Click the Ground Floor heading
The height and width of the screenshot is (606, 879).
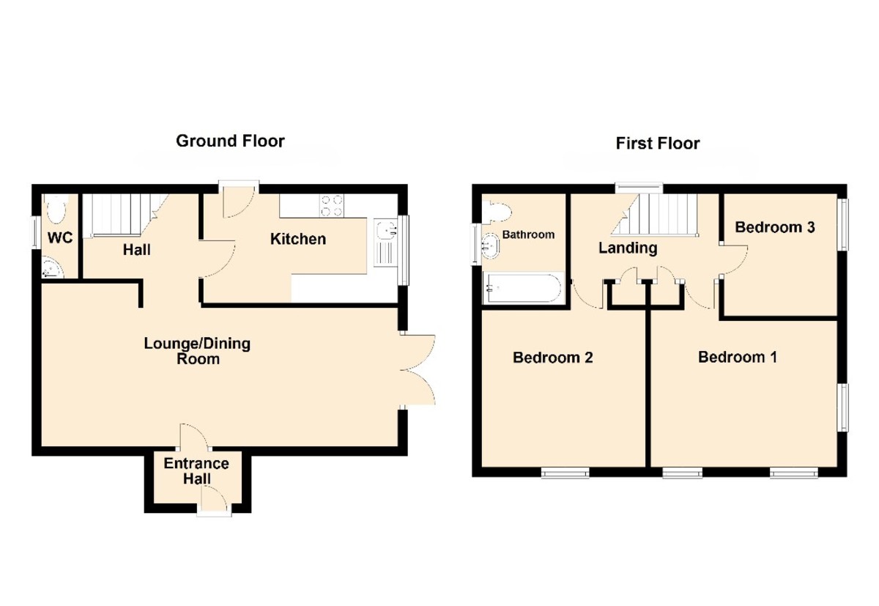pos(230,141)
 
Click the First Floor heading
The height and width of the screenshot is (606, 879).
pos(658,144)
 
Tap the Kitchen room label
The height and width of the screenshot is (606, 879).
pos(298,239)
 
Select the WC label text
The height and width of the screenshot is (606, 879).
pos(60,238)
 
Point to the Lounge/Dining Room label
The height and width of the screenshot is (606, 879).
pos(197,351)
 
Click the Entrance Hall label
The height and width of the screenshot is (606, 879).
pos(196,471)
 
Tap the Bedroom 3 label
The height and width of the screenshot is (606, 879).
pos(775,227)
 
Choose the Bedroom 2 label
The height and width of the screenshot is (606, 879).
pos(553,358)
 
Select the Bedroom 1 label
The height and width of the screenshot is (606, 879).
pos(738,357)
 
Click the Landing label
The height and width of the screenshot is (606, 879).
pos(628,248)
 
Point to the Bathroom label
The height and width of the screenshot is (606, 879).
pos(529,234)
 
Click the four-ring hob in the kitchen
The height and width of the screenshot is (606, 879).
pos(332,206)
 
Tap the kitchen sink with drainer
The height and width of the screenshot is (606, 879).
pos(386,243)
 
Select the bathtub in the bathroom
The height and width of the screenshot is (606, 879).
pos(524,289)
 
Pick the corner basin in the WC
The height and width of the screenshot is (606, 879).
pos(51,267)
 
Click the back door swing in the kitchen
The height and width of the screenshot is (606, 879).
pos(239,202)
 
